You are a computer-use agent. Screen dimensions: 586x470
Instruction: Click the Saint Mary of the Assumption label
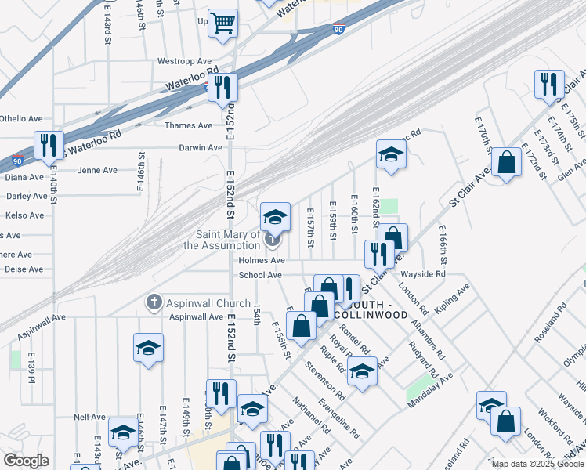[x=222, y=240]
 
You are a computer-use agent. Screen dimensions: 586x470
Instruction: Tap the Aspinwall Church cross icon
[x=154, y=302]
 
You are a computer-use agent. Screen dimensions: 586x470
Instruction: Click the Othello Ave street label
[x=21, y=118]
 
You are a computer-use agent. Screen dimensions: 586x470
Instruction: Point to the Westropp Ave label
[x=184, y=60]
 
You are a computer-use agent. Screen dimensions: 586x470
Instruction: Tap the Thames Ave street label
[x=188, y=125]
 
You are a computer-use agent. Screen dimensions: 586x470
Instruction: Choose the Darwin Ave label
[x=200, y=147]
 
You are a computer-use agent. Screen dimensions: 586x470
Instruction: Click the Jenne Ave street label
[x=97, y=170]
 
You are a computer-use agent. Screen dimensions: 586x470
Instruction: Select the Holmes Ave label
[x=262, y=260]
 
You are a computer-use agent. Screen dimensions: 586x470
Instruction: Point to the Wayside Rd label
[x=423, y=274]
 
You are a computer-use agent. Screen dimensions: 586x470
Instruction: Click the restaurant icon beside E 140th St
[x=49, y=145]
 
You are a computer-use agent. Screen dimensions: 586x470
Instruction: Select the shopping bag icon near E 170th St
[x=507, y=163]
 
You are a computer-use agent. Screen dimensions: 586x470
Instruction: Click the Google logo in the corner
[x=26, y=461]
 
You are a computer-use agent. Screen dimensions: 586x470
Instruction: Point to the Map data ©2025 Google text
[x=536, y=464]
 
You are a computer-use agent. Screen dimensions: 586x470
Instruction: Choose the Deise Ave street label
[x=25, y=269]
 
